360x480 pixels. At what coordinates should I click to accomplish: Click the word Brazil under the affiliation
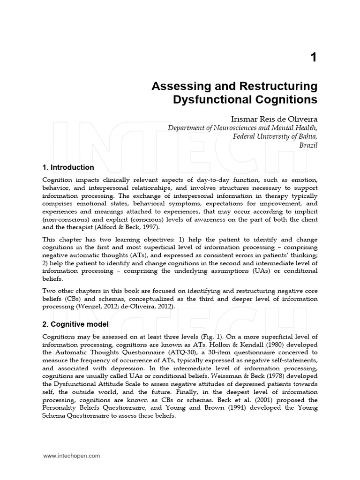click(x=308, y=145)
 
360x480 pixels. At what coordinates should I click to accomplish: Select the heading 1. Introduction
click(x=68, y=167)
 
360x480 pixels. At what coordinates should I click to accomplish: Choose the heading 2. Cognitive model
click(x=75, y=324)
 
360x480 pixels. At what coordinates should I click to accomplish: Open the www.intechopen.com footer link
click(x=71, y=455)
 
